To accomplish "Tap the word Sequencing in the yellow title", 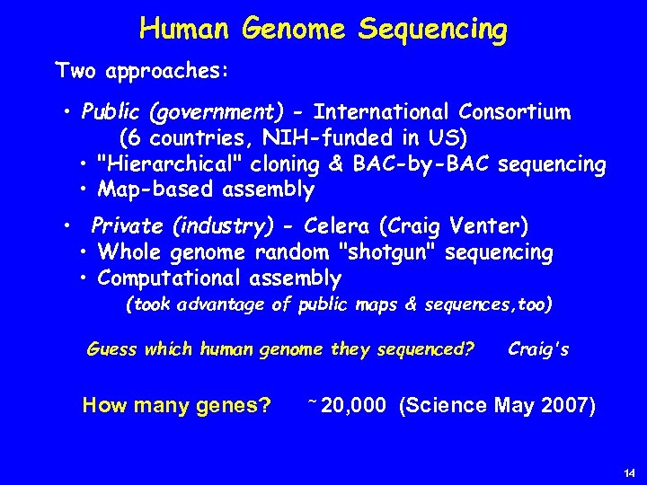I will [x=432, y=30].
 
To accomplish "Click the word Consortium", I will [x=514, y=112].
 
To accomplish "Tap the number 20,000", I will [x=353, y=405].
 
